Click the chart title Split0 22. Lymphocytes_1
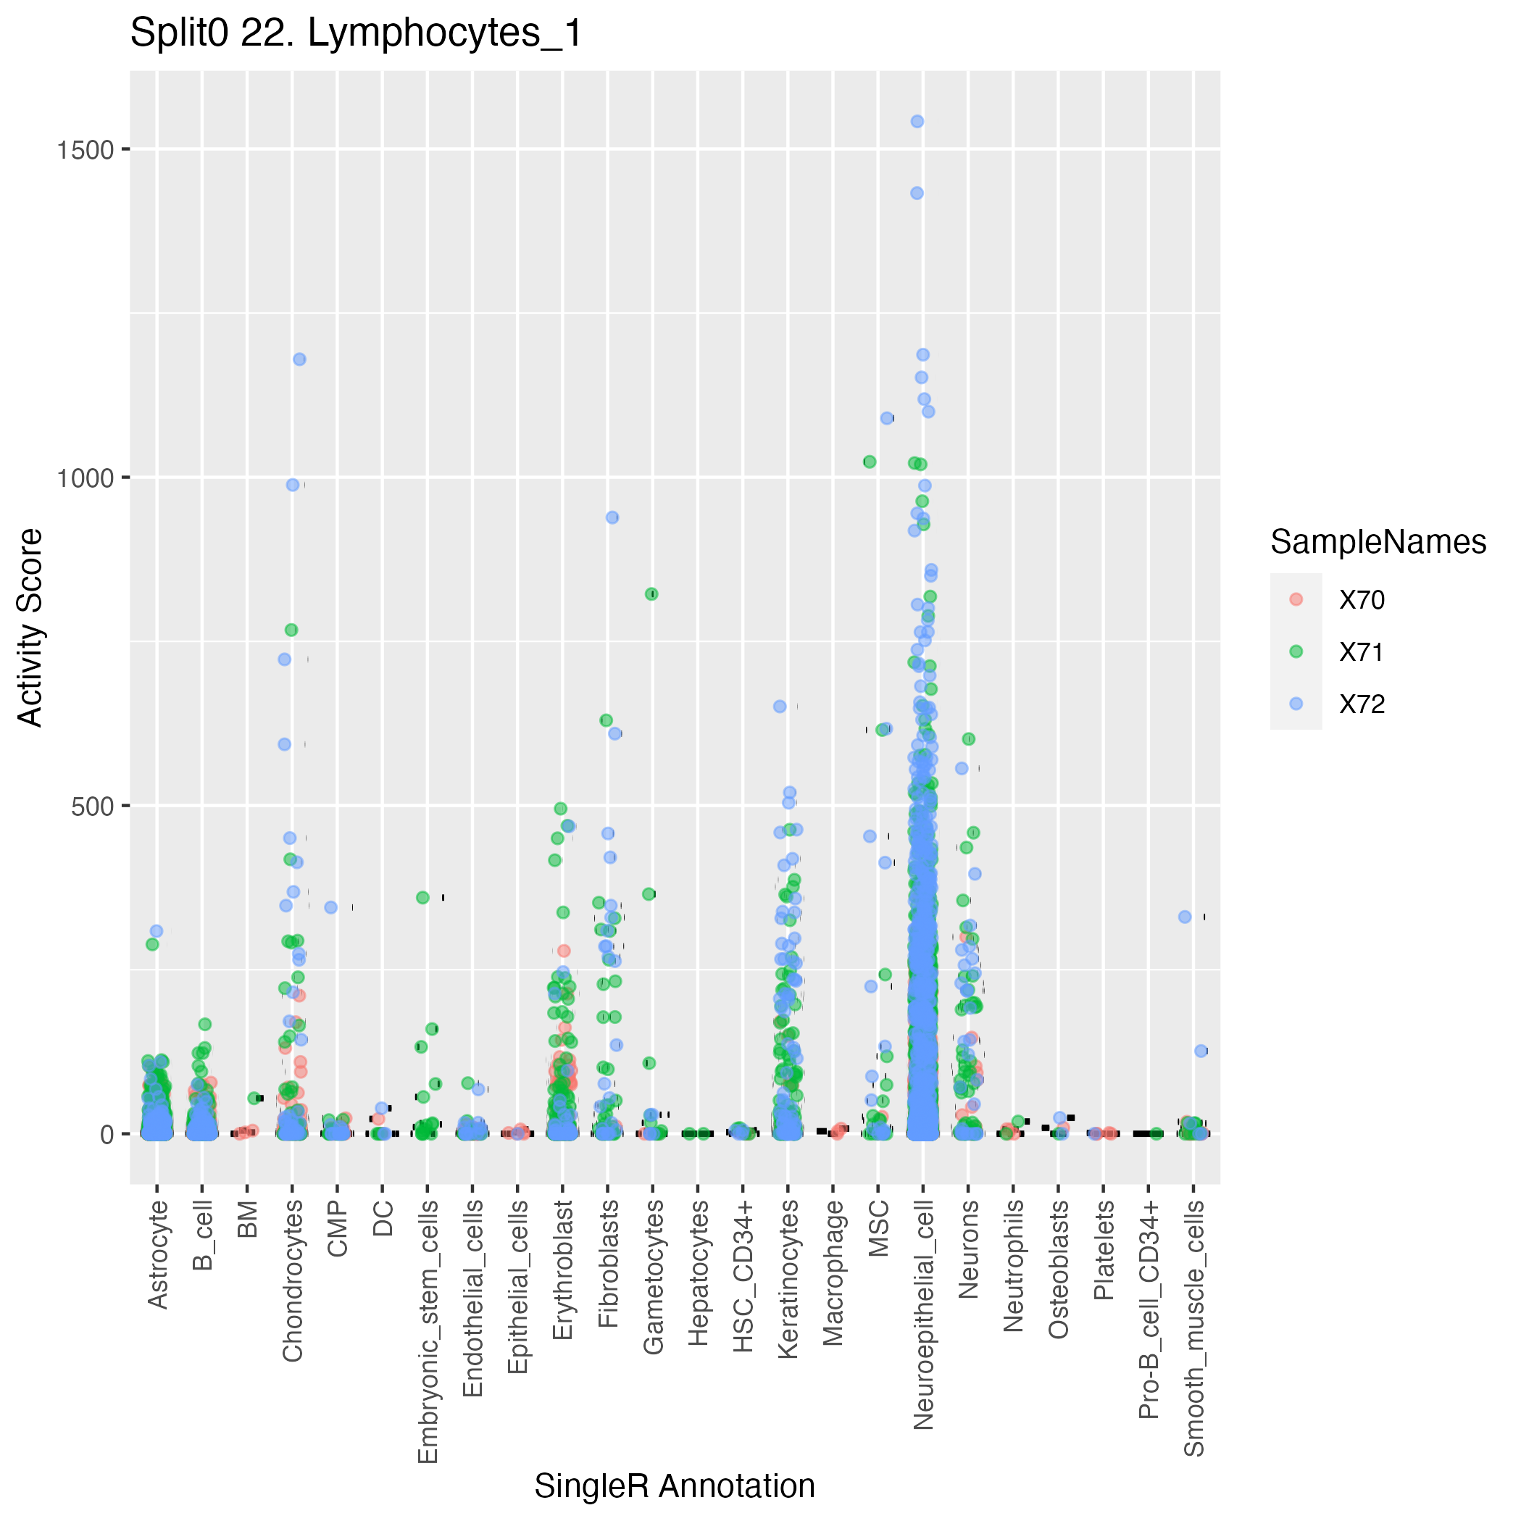[x=356, y=34]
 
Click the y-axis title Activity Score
[x=30, y=627]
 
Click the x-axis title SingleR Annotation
[x=675, y=1486]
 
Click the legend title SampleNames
[x=1378, y=543]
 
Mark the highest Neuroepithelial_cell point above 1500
[x=917, y=121]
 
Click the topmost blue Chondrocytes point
[x=299, y=359]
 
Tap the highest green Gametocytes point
[x=651, y=594]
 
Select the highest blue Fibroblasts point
[x=612, y=517]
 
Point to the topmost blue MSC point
[x=886, y=418]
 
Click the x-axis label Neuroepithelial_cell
[x=923, y=1314]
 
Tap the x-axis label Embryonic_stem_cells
[x=427, y=1331]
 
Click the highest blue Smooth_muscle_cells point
[x=1184, y=917]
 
